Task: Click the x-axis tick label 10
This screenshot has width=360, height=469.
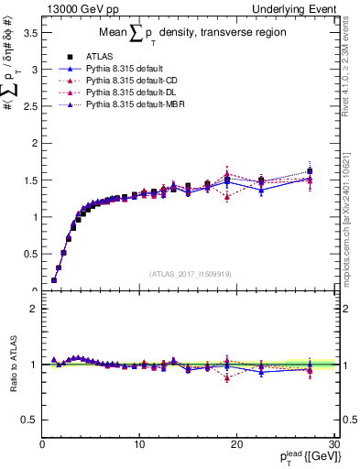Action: tap(138, 444)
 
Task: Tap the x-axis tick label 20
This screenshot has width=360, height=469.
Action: tap(236, 444)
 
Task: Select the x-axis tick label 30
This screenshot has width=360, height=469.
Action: tap(333, 444)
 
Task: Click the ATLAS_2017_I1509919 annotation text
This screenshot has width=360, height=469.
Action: tap(191, 273)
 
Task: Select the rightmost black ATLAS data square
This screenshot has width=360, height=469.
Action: tap(310, 171)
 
